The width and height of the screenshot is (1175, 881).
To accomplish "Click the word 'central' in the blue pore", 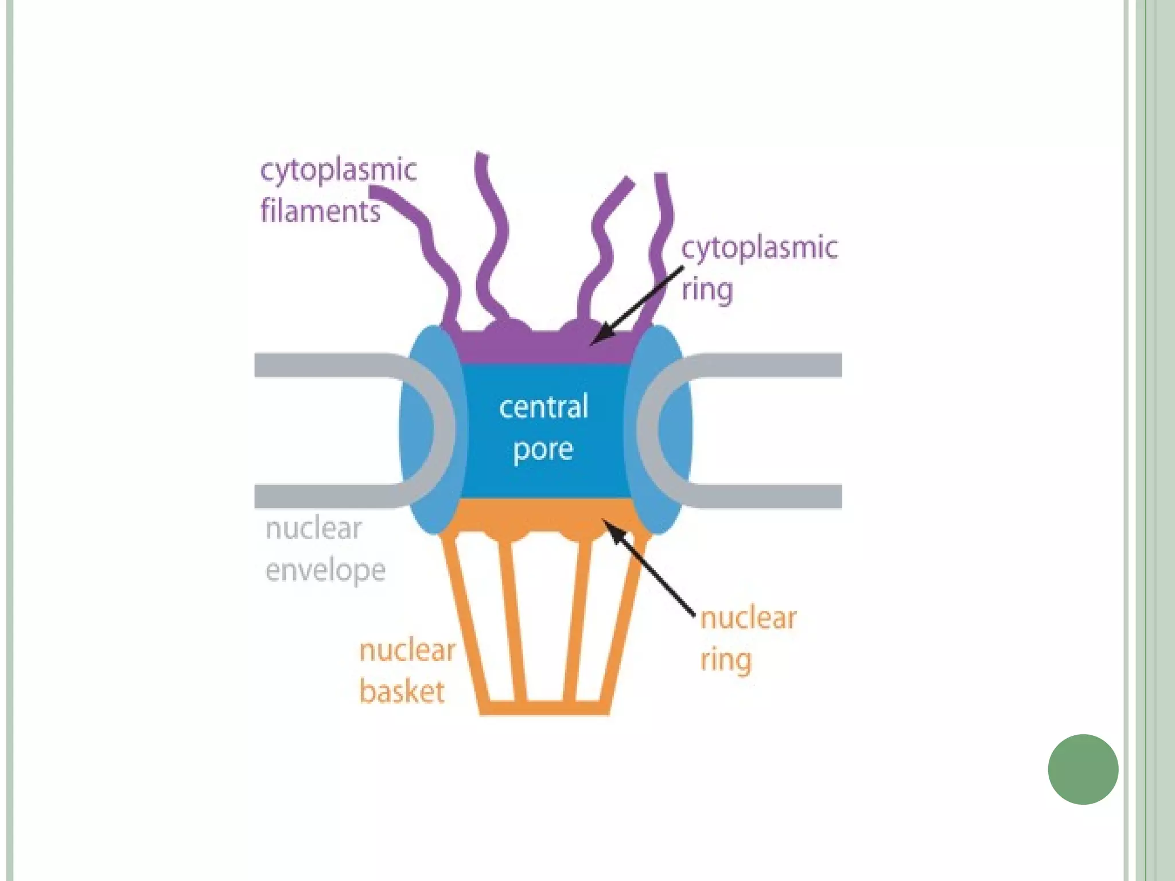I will pos(544,407).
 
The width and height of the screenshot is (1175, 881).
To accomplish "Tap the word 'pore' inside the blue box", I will pos(543,450).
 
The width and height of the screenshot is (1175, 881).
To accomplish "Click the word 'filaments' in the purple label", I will pos(320,210).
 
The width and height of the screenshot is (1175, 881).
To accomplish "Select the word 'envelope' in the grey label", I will pos(325,571).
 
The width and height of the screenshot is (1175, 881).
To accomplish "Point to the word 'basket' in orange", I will pos(402,692).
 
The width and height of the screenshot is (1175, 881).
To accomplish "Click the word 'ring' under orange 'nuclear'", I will pos(726,660).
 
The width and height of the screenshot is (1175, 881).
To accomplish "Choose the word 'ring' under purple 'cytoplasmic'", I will pos(707,290).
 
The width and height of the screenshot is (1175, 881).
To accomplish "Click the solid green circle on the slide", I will pos(1083,769).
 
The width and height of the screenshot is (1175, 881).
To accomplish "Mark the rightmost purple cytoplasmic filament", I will pos(660,241).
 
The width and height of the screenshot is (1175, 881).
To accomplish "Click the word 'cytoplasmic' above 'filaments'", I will pos(339,170).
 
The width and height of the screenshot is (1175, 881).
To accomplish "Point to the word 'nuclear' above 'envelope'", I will pos(313,529).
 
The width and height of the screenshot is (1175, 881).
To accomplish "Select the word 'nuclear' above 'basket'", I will pos(407,651).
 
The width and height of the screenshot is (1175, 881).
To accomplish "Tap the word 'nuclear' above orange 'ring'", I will pos(749,618).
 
